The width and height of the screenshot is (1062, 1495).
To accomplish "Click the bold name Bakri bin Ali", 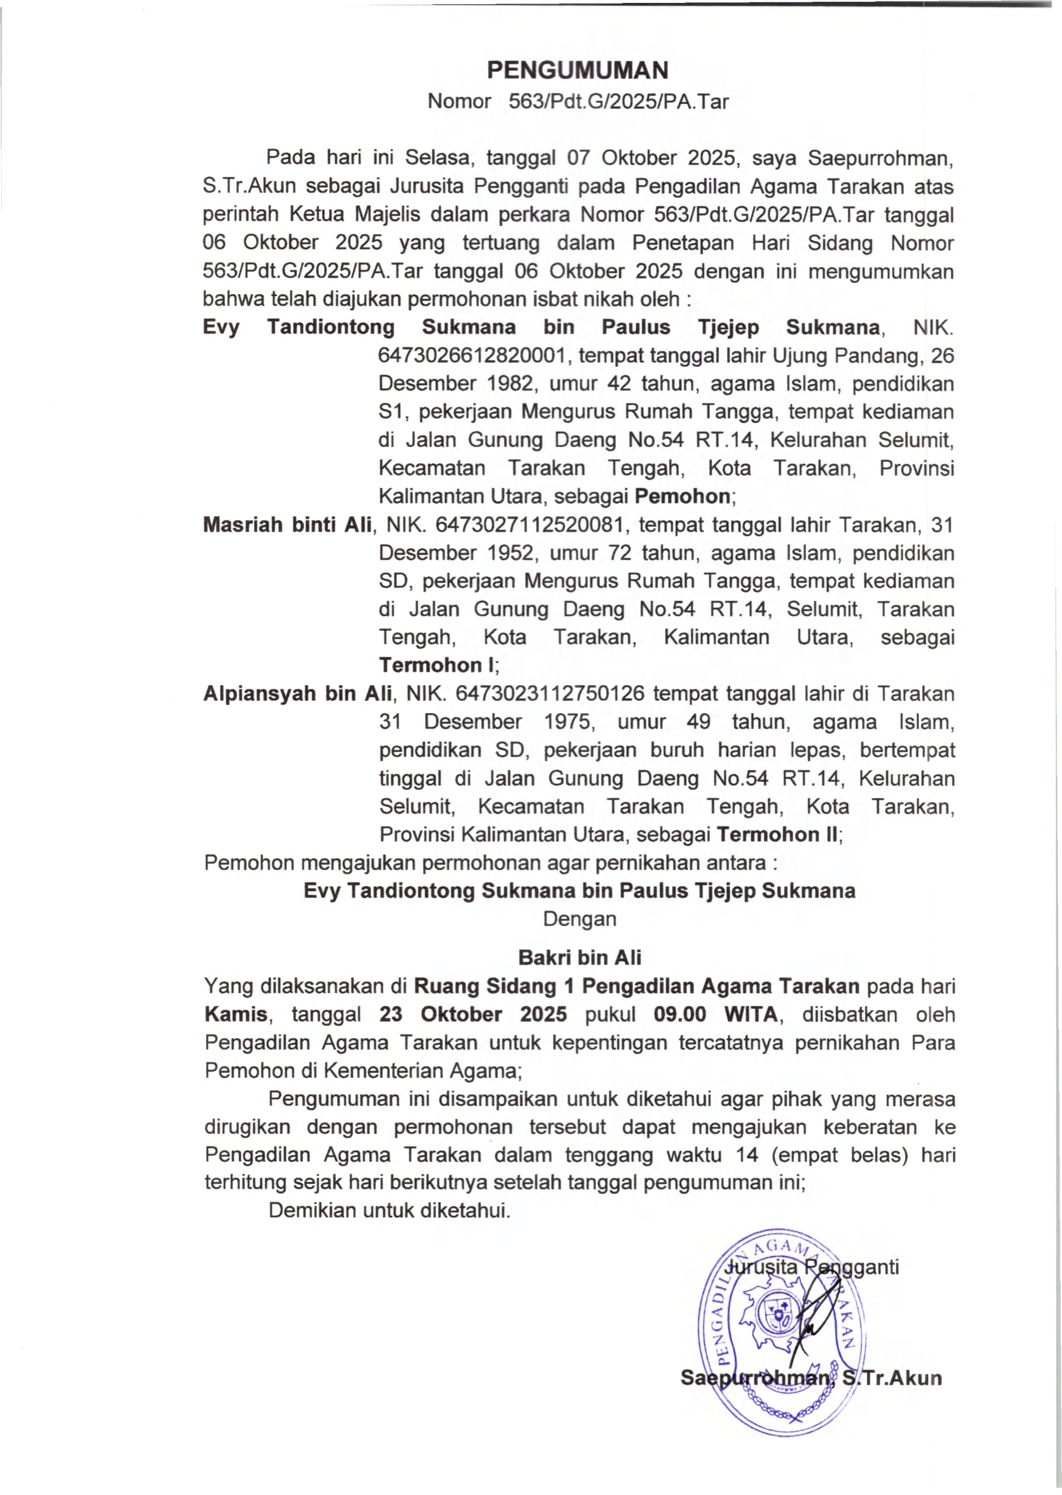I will tap(579, 958).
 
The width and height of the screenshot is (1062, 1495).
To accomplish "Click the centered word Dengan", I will tap(579, 919).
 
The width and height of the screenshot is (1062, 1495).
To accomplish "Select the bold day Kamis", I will tap(236, 1014).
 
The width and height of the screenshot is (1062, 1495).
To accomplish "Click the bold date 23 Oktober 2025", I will tap(473, 1014).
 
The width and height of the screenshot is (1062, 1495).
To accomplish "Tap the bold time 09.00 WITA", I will tap(716, 1014).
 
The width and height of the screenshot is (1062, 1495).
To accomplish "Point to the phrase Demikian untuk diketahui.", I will tap(389, 1211).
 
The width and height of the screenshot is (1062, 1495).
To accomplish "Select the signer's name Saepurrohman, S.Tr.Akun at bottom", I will tap(811, 1379).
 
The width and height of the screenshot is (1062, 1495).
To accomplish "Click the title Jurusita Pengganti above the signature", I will tap(814, 1267).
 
